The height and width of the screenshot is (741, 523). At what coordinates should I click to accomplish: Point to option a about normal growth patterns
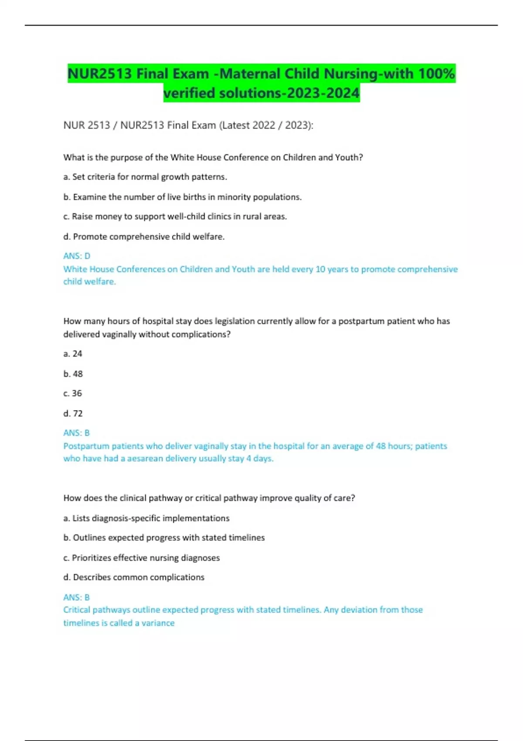(x=145, y=177)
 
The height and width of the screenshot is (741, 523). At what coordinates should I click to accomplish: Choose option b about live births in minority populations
(x=182, y=197)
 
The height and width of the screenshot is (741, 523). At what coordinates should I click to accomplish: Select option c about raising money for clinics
(x=175, y=217)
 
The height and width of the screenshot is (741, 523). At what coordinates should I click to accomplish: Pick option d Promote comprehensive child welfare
(x=144, y=237)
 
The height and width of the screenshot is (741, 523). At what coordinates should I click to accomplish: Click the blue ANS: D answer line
(x=77, y=256)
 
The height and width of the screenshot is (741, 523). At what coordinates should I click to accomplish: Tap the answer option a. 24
(x=73, y=354)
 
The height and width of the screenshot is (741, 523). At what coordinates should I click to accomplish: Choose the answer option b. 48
(x=73, y=374)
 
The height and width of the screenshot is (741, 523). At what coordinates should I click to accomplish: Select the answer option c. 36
(x=73, y=394)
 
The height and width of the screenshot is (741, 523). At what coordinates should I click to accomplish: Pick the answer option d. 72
(x=73, y=414)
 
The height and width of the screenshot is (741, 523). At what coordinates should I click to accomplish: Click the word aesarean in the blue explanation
(x=146, y=459)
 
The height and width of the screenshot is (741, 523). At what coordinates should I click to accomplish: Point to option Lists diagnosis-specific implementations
(x=146, y=518)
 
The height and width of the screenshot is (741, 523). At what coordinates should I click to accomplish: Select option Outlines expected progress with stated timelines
(x=164, y=538)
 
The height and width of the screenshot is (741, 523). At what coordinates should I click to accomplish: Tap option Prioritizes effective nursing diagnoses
(x=141, y=558)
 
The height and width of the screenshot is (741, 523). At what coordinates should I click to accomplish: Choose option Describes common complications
(x=134, y=578)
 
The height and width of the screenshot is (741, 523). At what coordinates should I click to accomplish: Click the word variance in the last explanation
(x=158, y=623)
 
